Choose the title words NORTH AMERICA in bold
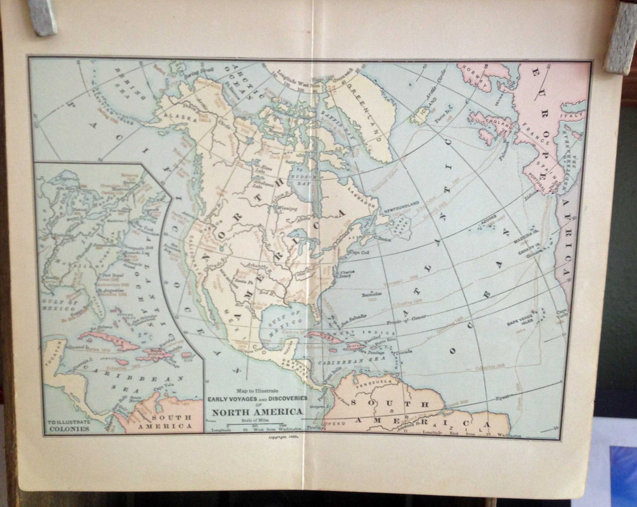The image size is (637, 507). [258, 411]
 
